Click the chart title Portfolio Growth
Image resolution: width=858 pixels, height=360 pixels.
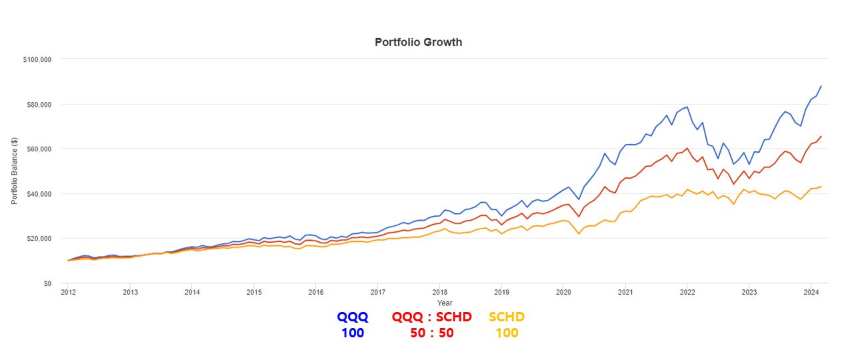pos(418,42)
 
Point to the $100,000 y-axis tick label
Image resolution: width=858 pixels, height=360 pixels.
pos(37,59)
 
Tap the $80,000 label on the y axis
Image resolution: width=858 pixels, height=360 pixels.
pos(39,104)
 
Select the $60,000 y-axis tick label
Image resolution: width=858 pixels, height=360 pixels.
pos(39,149)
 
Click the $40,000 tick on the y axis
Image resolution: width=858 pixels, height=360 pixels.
pos(39,193)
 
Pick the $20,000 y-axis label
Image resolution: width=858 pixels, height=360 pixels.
pos(39,238)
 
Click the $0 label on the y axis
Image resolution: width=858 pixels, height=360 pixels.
pos(47,283)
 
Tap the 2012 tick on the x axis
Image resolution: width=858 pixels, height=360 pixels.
pos(68,292)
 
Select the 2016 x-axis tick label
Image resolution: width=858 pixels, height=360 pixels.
pos(315,292)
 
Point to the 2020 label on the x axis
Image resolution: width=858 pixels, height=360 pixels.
pos(563,292)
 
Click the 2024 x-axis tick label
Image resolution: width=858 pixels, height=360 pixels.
pos(811,292)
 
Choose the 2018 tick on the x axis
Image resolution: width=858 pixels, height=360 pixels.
pos(439,292)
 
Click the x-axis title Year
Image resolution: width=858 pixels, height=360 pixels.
pos(445,303)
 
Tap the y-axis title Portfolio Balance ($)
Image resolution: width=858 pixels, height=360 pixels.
pos(15,171)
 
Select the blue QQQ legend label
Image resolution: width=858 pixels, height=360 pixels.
pos(353,317)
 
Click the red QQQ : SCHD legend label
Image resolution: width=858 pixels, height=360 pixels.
pos(432,317)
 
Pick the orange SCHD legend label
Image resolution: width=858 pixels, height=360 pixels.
pos(507,317)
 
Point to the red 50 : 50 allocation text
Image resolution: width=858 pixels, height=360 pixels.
pos(432,333)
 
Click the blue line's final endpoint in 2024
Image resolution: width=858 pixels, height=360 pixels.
pos(821,86)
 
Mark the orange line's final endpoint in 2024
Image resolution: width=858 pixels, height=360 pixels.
pos(821,187)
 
